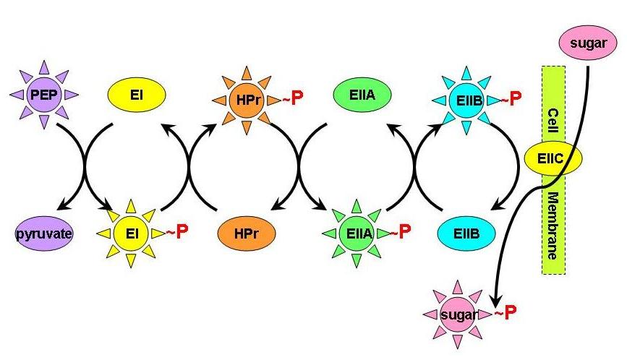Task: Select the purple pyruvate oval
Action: pos(43,234)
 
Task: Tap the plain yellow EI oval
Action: pos(136,95)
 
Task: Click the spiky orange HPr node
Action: pos(243,98)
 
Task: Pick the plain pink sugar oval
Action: pos(587,46)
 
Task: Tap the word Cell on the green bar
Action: pos(553,119)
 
